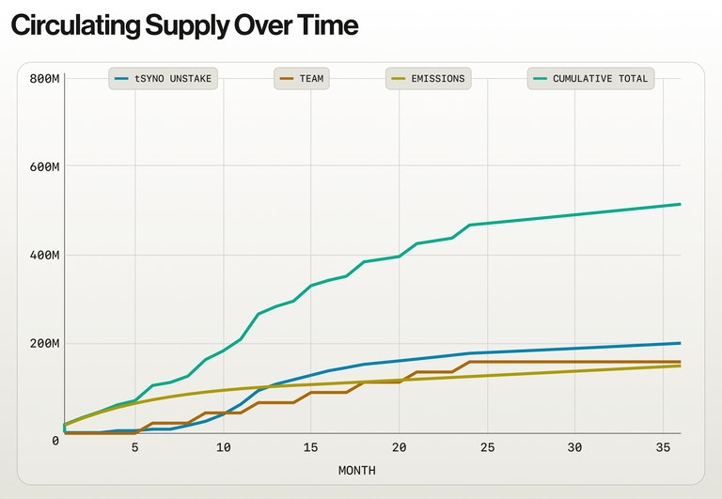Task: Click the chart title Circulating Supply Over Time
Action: (x=184, y=26)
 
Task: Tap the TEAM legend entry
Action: (x=301, y=79)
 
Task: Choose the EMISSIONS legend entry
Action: (x=428, y=79)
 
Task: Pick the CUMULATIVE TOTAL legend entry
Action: (x=590, y=79)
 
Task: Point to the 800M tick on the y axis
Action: (x=44, y=78)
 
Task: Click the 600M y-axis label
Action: (x=44, y=166)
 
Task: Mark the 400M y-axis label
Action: (x=44, y=255)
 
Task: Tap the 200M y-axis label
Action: (x=44, y=343)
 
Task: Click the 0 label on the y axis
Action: (x=56, y=440)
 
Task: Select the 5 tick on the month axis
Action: (x=135, y=447)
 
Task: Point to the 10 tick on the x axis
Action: (x=224, y=447)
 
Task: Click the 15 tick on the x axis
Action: (x=311, y=447)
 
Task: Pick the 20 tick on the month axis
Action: (x=400, y=447)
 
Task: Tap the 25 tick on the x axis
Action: (x=487, y=447)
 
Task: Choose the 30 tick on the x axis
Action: (x=575, y=447)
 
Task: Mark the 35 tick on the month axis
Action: (x=663, y=447)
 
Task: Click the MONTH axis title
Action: (x=356, y=470)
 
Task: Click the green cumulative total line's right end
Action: (x=680, y=204)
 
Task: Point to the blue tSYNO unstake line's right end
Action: (x=680, y=343)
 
